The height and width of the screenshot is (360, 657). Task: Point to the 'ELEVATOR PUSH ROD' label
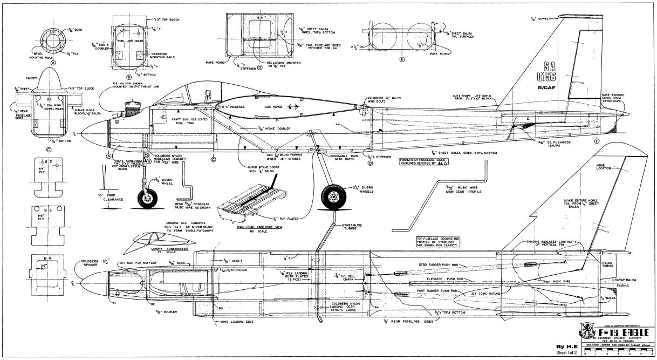[429, 280]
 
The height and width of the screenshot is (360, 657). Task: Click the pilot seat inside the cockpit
[209, 97]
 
